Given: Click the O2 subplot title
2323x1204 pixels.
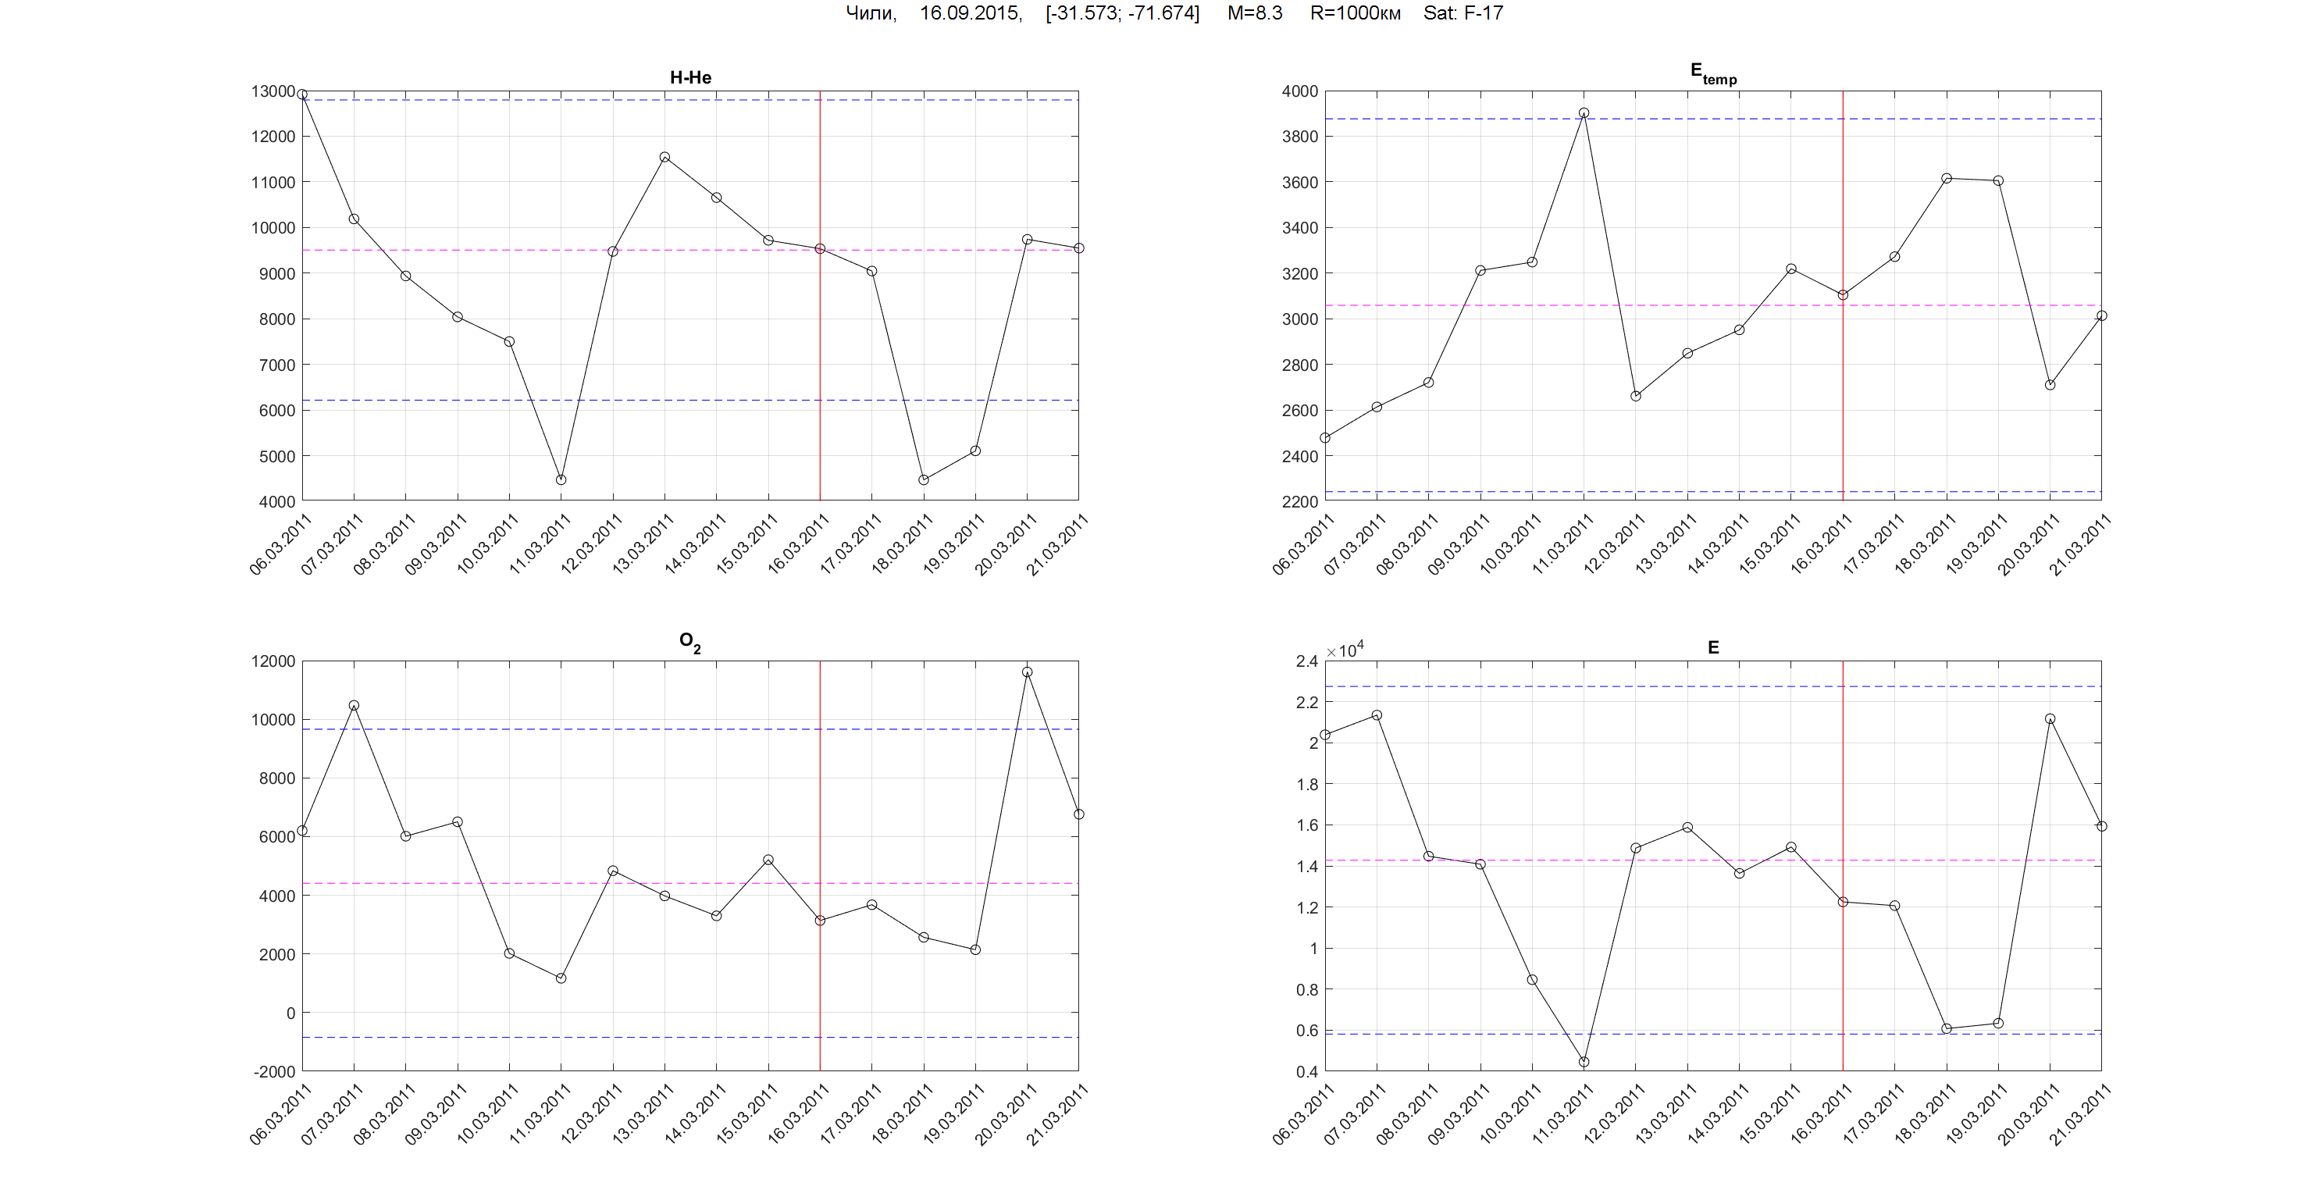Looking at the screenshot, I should [689, 642].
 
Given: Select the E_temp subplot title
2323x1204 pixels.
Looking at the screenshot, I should [1712, 73].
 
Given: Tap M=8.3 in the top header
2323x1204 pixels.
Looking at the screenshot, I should [1254, 12].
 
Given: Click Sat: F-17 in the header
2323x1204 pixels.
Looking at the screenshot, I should [1463, 12].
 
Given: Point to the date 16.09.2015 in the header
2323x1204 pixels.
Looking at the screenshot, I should [971, 12].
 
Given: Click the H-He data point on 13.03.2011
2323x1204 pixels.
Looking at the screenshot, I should [664, 157].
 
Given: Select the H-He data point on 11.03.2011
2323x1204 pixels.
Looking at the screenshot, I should [561, 479].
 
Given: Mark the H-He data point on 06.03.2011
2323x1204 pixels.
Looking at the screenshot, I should [302, 94].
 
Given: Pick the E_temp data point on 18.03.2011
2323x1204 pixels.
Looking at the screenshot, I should [1946, 179].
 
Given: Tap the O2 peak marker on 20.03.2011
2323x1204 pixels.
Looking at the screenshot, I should [1027, 672].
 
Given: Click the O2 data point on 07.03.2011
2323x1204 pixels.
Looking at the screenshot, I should [354, 705].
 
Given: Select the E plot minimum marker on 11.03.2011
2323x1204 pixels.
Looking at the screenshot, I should [1584, 1062].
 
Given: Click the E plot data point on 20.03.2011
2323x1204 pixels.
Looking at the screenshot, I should [2050, 719].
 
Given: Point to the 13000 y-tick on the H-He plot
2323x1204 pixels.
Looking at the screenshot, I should [273, 91].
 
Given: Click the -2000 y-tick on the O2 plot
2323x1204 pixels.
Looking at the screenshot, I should [274, 1071].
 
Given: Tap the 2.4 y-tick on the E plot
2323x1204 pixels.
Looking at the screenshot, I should [1306, 661].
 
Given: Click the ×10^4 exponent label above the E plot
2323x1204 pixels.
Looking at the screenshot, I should [1345, 650].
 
